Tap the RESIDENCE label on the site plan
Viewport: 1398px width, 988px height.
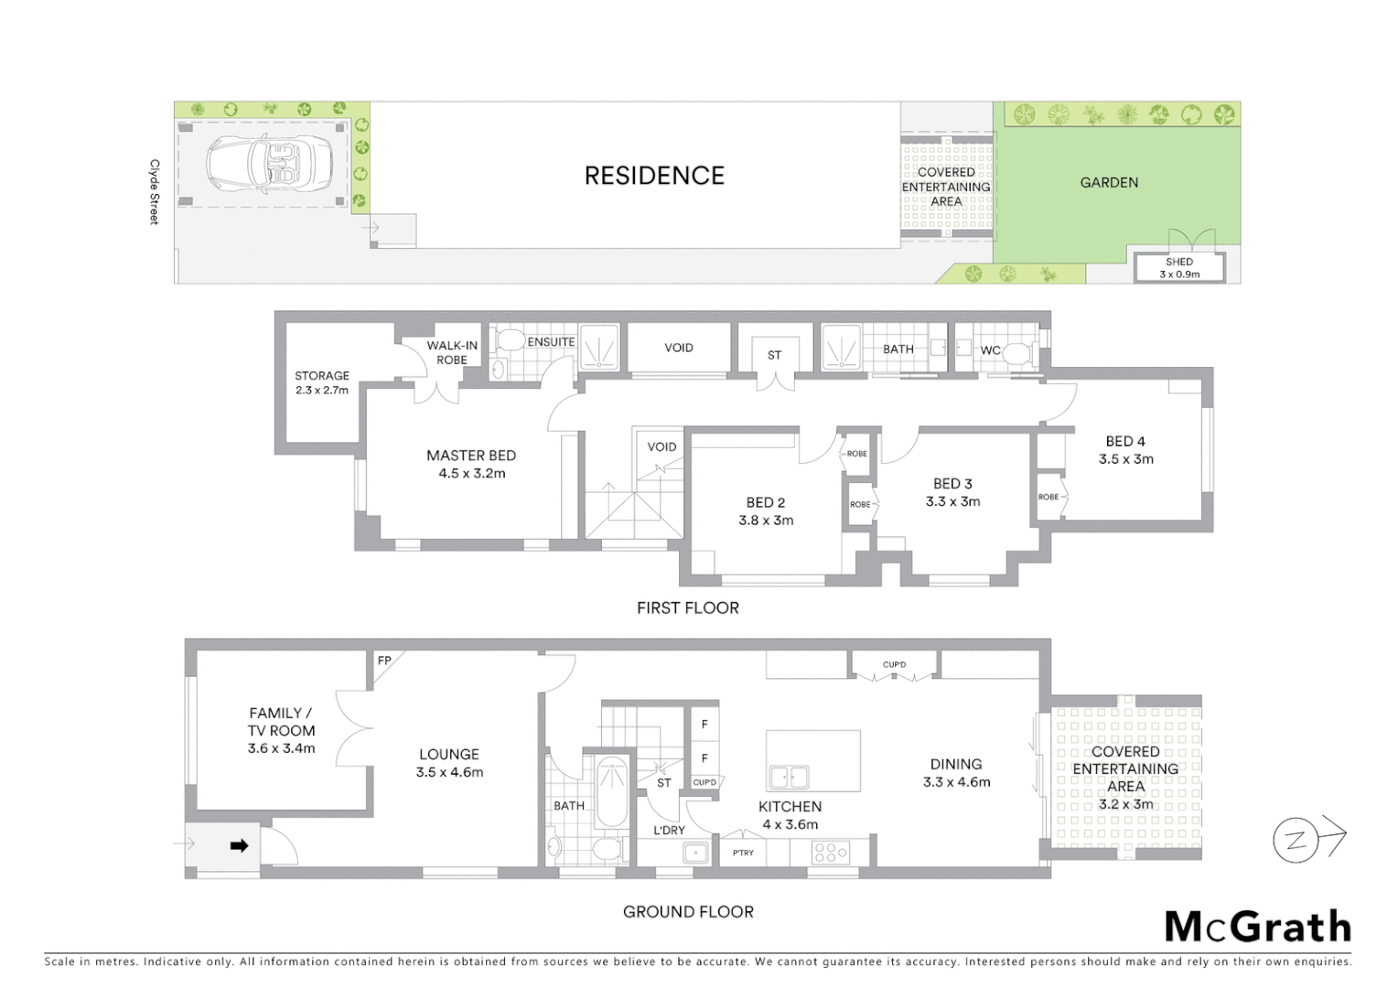[x=654, y=176]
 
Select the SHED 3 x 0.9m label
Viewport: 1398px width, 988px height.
[x=1178, y=268]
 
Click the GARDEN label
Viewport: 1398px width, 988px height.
[x=1109, y=183]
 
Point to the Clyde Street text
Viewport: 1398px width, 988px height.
[x=155, y=192]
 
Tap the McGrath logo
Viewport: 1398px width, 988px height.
[x=1257, y=927]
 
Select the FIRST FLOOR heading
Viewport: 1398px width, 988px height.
[x=687, y=607]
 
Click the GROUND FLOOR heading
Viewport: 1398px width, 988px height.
[x=688, y=912]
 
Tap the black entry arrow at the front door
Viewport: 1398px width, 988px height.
[x=239, y=846]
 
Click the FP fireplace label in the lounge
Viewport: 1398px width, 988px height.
[x=384, y=660]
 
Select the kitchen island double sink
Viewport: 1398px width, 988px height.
[x=788, y=777]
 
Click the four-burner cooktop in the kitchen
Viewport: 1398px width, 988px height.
[x=831, y=853]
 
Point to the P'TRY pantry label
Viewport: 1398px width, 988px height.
[x=743, y=853]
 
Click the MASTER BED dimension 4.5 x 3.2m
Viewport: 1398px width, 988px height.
[x=471, y=474]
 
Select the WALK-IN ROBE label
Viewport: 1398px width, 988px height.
[x=452, y=352]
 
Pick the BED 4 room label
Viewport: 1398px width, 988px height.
[x=1125, y=442]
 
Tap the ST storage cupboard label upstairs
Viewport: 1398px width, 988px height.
[x=774, y=355]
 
